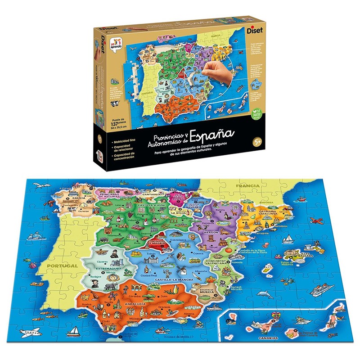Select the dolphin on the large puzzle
[265, 295]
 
